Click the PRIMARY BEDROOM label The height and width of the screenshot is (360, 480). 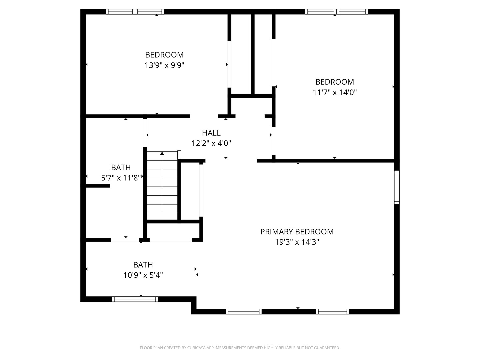point(297,232)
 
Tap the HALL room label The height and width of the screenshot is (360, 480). point(211,133)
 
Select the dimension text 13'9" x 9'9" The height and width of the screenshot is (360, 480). point(164,65)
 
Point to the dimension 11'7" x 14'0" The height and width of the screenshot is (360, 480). point(335,92)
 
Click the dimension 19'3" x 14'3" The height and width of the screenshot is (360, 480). point(297,242)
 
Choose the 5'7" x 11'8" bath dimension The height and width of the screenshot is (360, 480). point(121,178)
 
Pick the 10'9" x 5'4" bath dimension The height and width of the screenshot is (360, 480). point(143,275)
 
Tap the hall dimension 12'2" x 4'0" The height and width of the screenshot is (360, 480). point(211,143)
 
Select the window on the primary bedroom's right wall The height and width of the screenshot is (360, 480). point(397,187)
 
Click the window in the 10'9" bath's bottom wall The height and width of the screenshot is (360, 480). point(135,299)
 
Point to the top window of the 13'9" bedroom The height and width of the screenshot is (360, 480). point(135,12)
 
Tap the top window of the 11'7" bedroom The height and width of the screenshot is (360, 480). point(336,12)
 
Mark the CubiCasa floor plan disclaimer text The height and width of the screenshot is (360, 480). point(240,348)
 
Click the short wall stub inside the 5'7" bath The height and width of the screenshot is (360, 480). point(98,186)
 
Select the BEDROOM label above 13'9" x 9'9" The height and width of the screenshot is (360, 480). point(164,55)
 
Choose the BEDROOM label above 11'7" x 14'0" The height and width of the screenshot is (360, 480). point(335,82)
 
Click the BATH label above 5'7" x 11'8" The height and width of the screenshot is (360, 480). point(121,168)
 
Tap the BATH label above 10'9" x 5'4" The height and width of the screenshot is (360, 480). point(143,265)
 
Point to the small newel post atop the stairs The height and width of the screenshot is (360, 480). point(179,155)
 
